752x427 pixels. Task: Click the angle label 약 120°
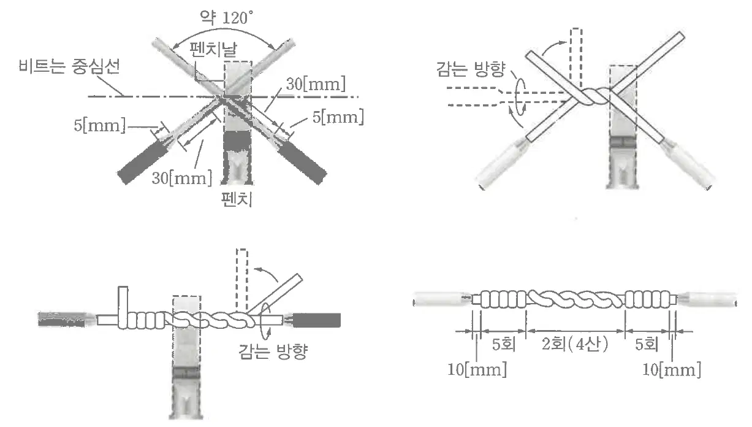[x=226, y=17]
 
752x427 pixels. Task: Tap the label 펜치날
[x=213, y=49]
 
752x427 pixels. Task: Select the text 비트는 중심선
[x=69, y=66]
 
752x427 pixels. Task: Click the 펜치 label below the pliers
[x=237, y=199]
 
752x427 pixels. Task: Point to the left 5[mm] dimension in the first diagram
[x=100, y=125]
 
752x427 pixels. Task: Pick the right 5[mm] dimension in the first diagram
[x=338, y=117]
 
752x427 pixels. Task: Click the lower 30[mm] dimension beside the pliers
[x=182, y=178]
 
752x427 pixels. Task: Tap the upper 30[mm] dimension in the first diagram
[x=316, y=83]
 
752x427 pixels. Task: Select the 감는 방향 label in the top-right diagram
[x=471, y=69]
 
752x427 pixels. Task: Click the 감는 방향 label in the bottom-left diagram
[x=273, y=352]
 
